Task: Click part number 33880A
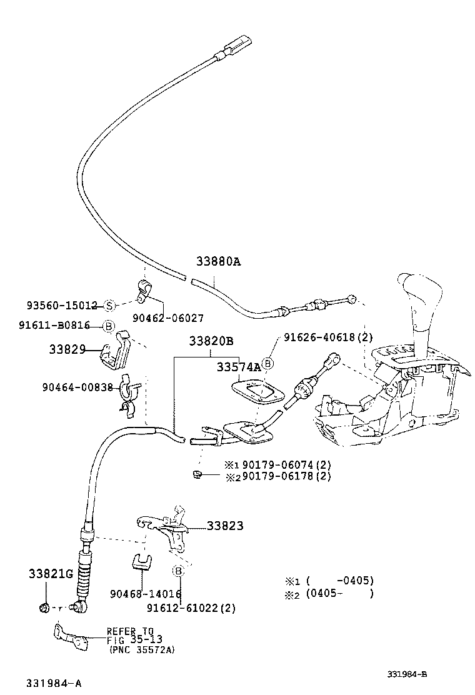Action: tap(218, 262)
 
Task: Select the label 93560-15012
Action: tap(62, 306)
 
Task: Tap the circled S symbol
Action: tap(109, 306)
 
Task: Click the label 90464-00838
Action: tap(78, 387)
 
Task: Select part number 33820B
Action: tap(212, 341)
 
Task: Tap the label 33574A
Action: tap(239, 367)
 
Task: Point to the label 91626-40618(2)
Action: tap(328, 337)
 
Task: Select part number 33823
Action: tap(225, 526)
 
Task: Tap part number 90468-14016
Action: tap(145, 594)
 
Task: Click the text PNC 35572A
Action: tap(142, 650)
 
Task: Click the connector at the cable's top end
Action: tap(237, 46)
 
